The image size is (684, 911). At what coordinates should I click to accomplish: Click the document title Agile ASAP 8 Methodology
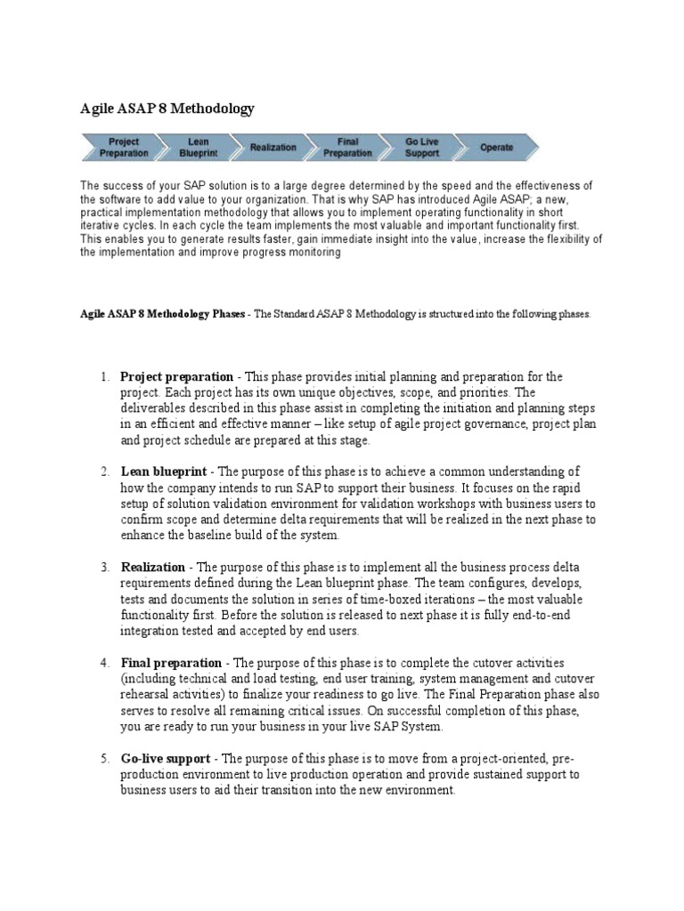167,109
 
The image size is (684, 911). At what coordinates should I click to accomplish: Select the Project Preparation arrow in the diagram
124,147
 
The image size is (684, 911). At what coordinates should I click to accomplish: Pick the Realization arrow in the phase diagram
273,147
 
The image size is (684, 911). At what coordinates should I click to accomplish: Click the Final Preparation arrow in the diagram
347,147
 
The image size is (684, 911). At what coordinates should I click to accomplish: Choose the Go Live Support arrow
422,147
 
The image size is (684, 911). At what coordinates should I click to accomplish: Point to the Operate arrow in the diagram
496,147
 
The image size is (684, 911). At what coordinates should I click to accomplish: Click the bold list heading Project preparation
177,377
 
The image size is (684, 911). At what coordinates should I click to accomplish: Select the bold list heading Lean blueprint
164,472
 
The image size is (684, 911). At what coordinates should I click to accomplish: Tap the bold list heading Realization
152,567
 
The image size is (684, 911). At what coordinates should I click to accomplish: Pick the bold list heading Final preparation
171,663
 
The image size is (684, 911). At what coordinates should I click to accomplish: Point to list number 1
104,377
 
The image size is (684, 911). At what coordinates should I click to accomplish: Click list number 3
104,567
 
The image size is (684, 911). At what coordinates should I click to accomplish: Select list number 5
104,758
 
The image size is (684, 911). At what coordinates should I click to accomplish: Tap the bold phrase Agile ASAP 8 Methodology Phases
161,315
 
